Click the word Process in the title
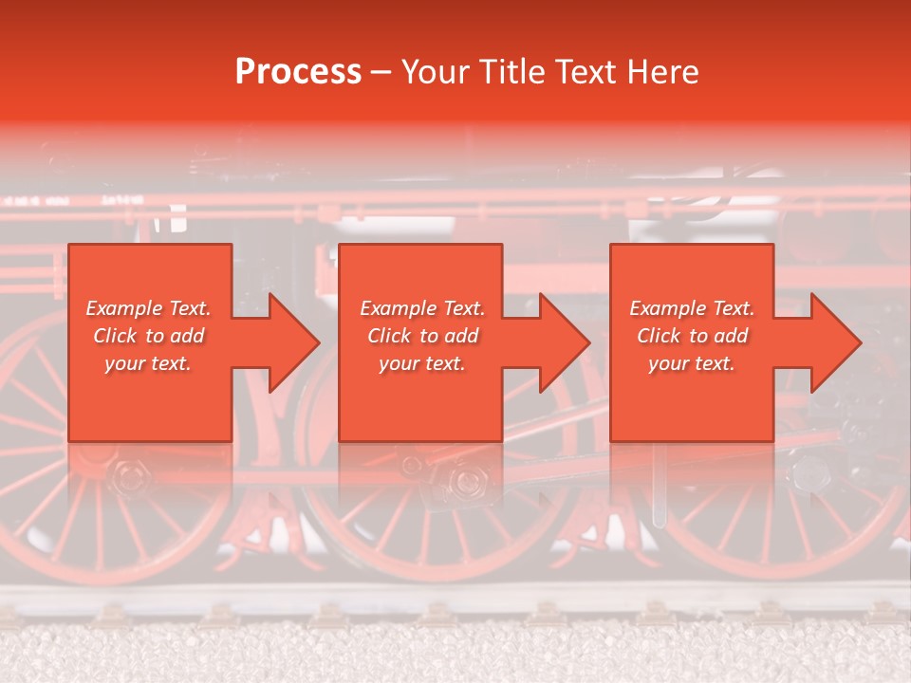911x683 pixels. [x=298, y=72]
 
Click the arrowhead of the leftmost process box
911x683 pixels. [x=294, y=342]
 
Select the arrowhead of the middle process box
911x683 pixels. [x=565, y=342]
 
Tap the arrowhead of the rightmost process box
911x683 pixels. [x=835, y=342]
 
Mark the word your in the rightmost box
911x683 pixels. [x=668, y=363]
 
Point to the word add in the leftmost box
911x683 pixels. [x=189, y=336]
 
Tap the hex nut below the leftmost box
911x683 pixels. [x=124, y=471]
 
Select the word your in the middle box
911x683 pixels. [x=399, y=363]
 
